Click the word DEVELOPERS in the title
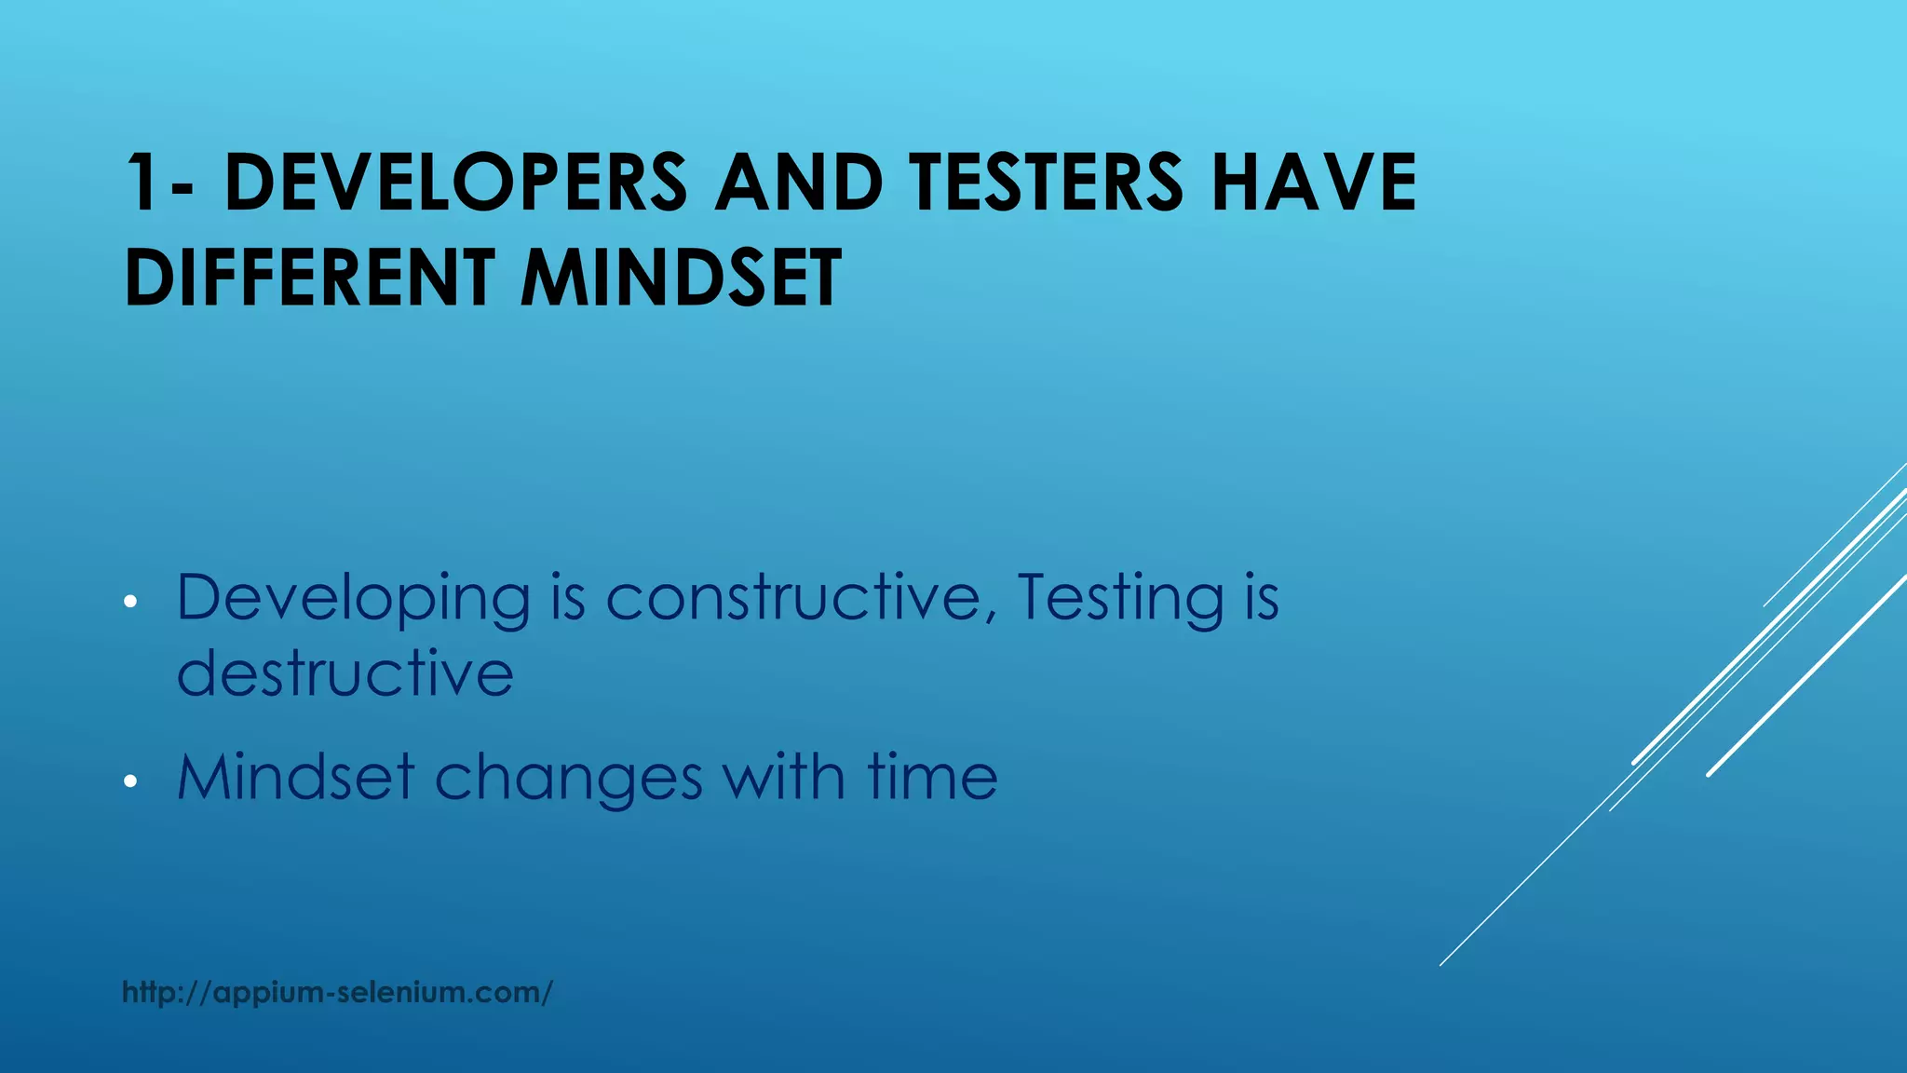click(x=455, y=183)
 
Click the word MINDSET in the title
click(x=681, y=278)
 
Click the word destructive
click(x=345, y=672)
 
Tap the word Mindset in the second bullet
click(x=295, y=777)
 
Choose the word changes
click(x=568, y=779)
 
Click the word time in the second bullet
click(x=932, y=777)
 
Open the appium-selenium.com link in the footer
click(x=337, y=992)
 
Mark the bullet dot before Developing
click(x=130, y=602)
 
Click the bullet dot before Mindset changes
click(x=130, y=781)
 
